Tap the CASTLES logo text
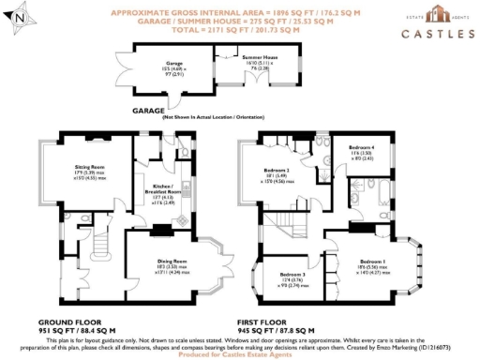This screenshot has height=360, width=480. [437, 35]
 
